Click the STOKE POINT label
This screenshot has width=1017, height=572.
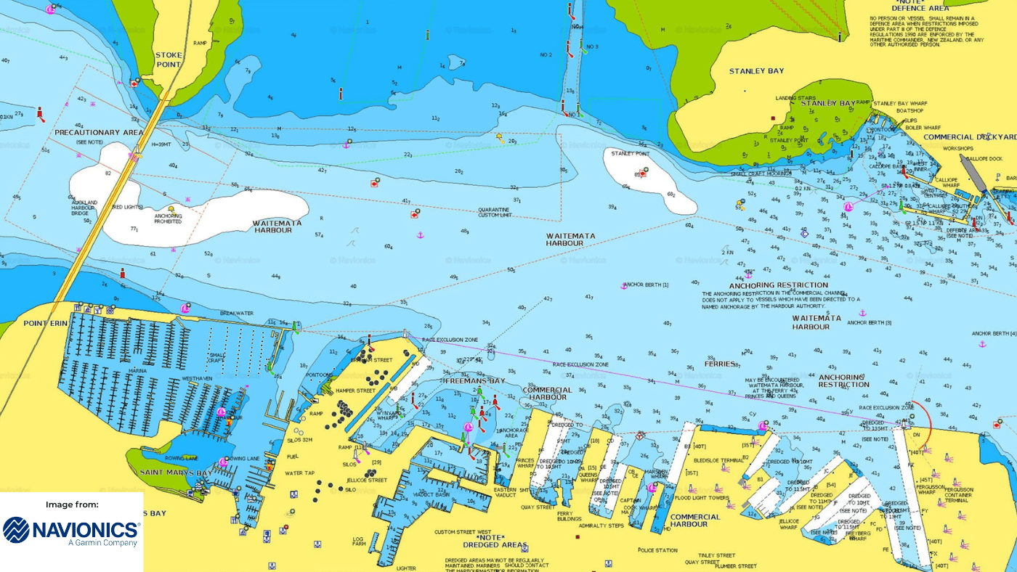pyautogui.click(x=168, y=60)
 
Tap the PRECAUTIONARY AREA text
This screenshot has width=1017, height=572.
pyautogui.click(x=99, y=133)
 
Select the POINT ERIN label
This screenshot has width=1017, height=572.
pyautogui.click(x=46, y=323)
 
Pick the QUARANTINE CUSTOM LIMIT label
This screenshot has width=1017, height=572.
pyautogui.click(x=495, y=213)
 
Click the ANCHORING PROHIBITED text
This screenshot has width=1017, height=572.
pyautogui.click(x=168, y=218)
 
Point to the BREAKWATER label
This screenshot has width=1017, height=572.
pyautogui.click(x=237, y=314)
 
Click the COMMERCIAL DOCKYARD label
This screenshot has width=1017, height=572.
pyautogui.click(x=970, y=137)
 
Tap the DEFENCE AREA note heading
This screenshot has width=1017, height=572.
pyautogui.click(x=920, y=8)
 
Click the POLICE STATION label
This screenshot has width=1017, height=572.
pyautogui.click(x=658, y=550)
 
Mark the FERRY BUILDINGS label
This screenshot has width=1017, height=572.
pyautogui.click(x=570, y=516)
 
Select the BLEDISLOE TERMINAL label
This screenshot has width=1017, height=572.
pyautogui.click(x=719, y=460)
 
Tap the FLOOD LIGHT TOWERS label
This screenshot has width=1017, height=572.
pyautogui.click(x=701, y=498)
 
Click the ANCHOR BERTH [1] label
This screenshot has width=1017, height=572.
pyautogui.click(x=646, y=285)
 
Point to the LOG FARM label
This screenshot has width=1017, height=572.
pyautogui.click(x=358, y=542)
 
